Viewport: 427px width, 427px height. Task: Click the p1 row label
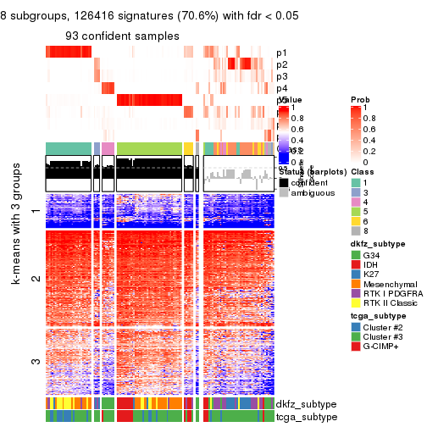pyautogui.click(x=281, y=53)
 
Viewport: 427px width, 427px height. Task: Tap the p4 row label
pyautogui.click(x=281, y=89)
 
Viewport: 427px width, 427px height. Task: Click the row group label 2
pyautogui.click(x=35, y=278)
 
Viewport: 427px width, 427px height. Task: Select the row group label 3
pyautogui.click(x=35, y=362)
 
